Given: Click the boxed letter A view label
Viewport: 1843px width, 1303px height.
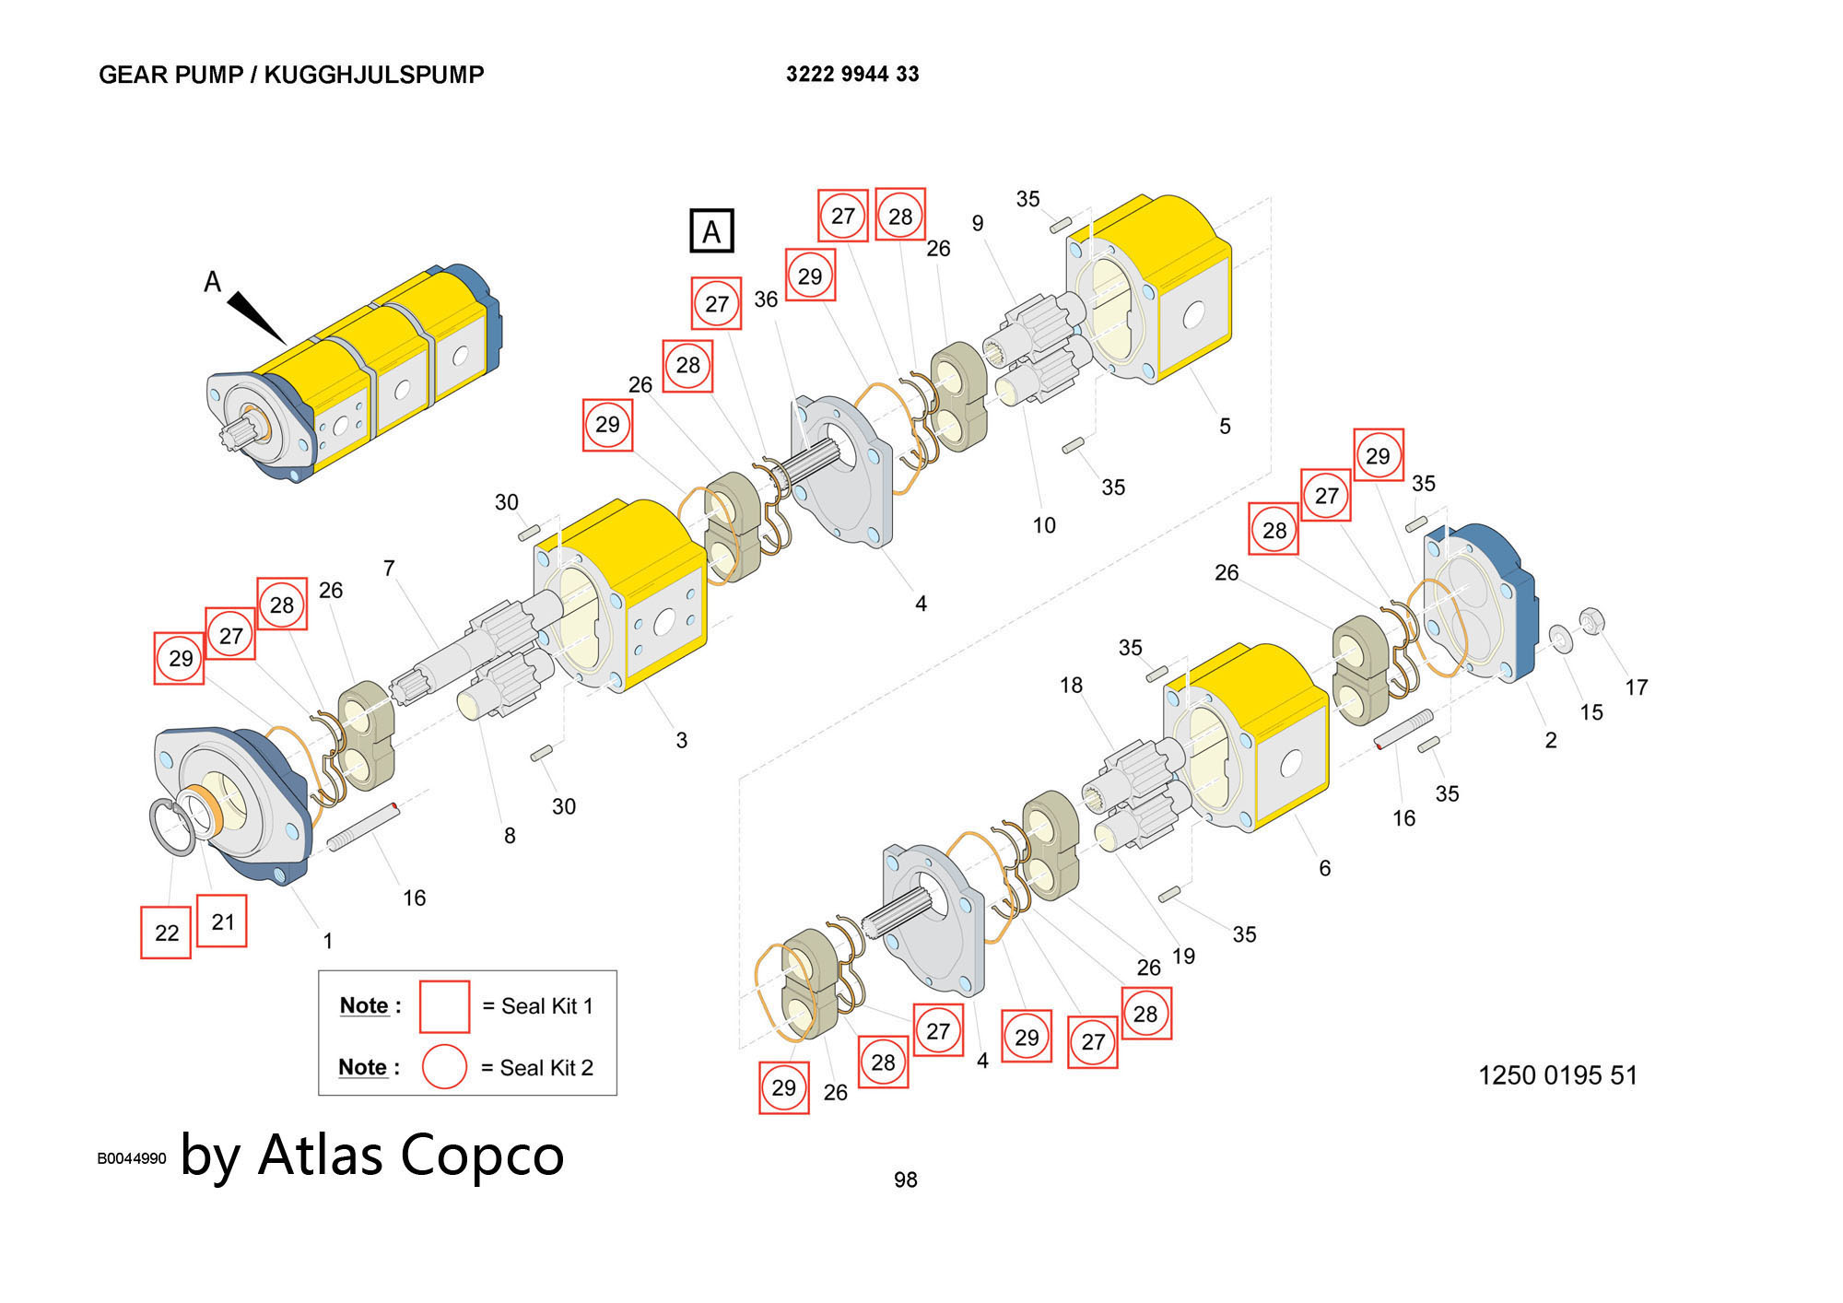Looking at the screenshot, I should (711, 230).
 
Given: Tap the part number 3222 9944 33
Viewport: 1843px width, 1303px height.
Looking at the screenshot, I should (852, 75).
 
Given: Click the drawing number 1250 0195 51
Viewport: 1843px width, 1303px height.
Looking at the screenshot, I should (1557, 1075).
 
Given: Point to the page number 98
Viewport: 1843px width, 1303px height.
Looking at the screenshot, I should (905, 1180).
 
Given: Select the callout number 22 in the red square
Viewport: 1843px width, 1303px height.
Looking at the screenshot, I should (167, 933).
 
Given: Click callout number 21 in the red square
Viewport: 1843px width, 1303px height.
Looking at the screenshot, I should (222, 921).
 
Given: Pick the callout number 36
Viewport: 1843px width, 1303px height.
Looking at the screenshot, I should (766, 299).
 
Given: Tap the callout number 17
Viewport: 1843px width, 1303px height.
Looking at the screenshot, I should (1636, 687).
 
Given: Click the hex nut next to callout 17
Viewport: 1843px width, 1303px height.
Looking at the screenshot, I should (1591, 621).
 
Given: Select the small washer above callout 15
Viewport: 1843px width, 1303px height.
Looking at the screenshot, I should (1561, 638).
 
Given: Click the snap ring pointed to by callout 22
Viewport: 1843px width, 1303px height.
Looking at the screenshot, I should (171, 827).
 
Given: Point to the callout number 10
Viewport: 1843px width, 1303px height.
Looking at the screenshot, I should (1043, 525).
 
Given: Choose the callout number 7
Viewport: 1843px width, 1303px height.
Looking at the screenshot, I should (389, 569).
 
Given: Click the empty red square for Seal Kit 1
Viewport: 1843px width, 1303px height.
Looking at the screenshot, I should (444, 1006).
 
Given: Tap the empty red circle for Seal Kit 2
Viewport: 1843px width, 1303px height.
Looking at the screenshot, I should (444, 1067).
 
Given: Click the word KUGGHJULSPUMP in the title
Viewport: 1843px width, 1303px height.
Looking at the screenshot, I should (373, 75).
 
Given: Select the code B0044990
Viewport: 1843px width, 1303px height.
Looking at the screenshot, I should (132, 1159).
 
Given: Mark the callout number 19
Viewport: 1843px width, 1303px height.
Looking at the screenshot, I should (1183, 957).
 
